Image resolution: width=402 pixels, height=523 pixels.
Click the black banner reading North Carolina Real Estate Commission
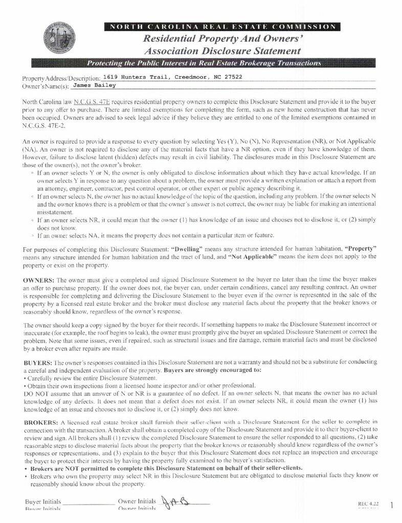coord(221,27)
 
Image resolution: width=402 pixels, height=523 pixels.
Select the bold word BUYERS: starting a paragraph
coord(37,361)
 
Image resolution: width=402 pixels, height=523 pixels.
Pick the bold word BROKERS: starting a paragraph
coord(41,422)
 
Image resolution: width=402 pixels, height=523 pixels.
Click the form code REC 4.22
coord(368,504)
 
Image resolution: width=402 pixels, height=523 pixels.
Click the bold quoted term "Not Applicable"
coord(253,256)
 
